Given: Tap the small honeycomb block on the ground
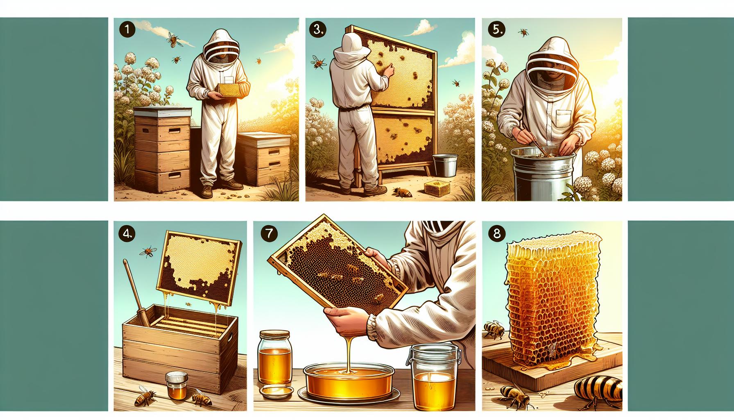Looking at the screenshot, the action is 435,189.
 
